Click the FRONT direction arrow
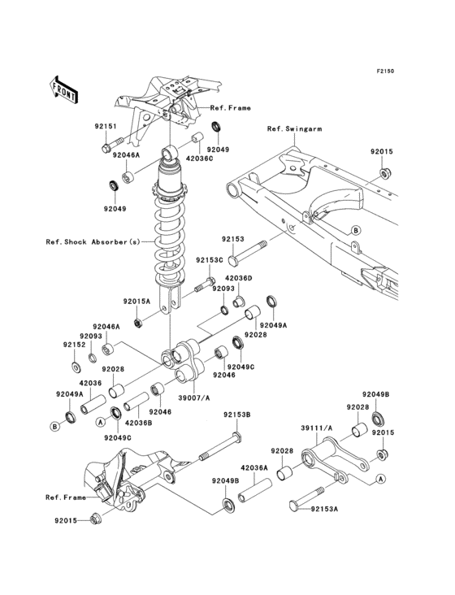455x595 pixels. click(63, 89)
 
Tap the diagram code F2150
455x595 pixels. click(385, 71)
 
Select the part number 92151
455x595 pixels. click(106, 126)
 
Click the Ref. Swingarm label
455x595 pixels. click(294, 129)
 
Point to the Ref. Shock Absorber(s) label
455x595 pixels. click(93, 241)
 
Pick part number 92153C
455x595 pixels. click(210, 260)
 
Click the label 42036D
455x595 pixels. click(239, 279)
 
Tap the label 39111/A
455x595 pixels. click(317, 428)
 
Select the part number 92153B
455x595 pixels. click(236, 415)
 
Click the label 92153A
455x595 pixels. click(324, 509)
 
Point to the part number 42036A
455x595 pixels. click(254, 468)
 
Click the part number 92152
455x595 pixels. click(74, 345)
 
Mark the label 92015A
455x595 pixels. click(136, 302)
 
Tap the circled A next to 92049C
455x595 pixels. click(100, 422)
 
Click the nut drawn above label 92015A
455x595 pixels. click(138, 323)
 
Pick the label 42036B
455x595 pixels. click(138, 423)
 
